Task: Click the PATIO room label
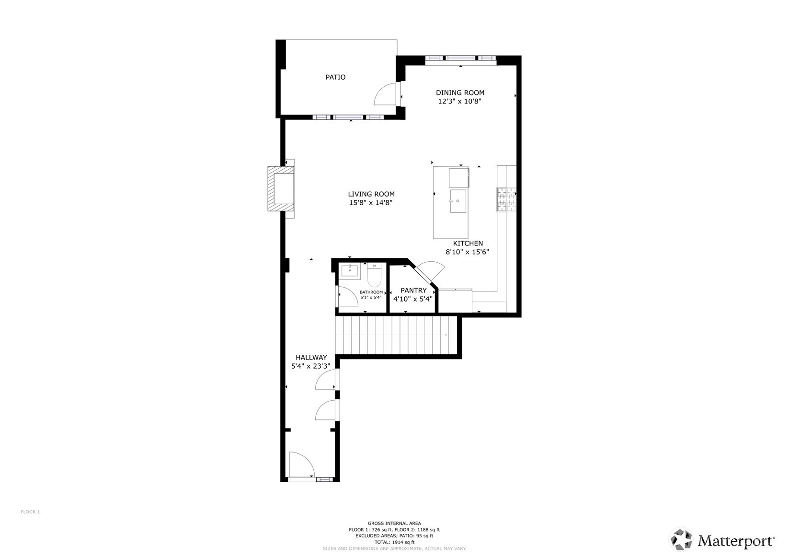335,77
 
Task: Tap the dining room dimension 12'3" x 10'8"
460,102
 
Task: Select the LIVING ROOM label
371,194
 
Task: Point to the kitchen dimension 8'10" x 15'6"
468,252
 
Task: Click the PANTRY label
413,291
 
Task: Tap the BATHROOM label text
371,292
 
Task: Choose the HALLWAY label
311,358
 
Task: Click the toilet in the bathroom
374,275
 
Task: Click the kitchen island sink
458,201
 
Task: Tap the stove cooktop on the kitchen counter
506,199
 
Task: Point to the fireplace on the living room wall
281,188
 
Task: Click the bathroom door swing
348,296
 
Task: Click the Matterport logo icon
681,539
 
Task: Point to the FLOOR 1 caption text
30,512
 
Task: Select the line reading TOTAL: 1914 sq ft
394,542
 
